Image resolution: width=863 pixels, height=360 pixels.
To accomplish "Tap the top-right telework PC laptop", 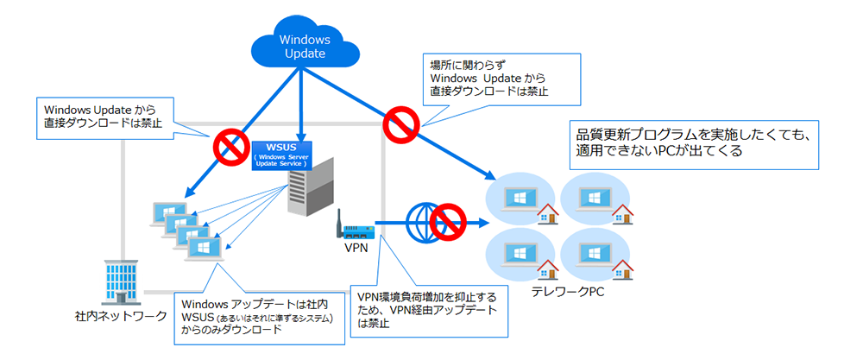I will pyautogui.click(x=593, y=194).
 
